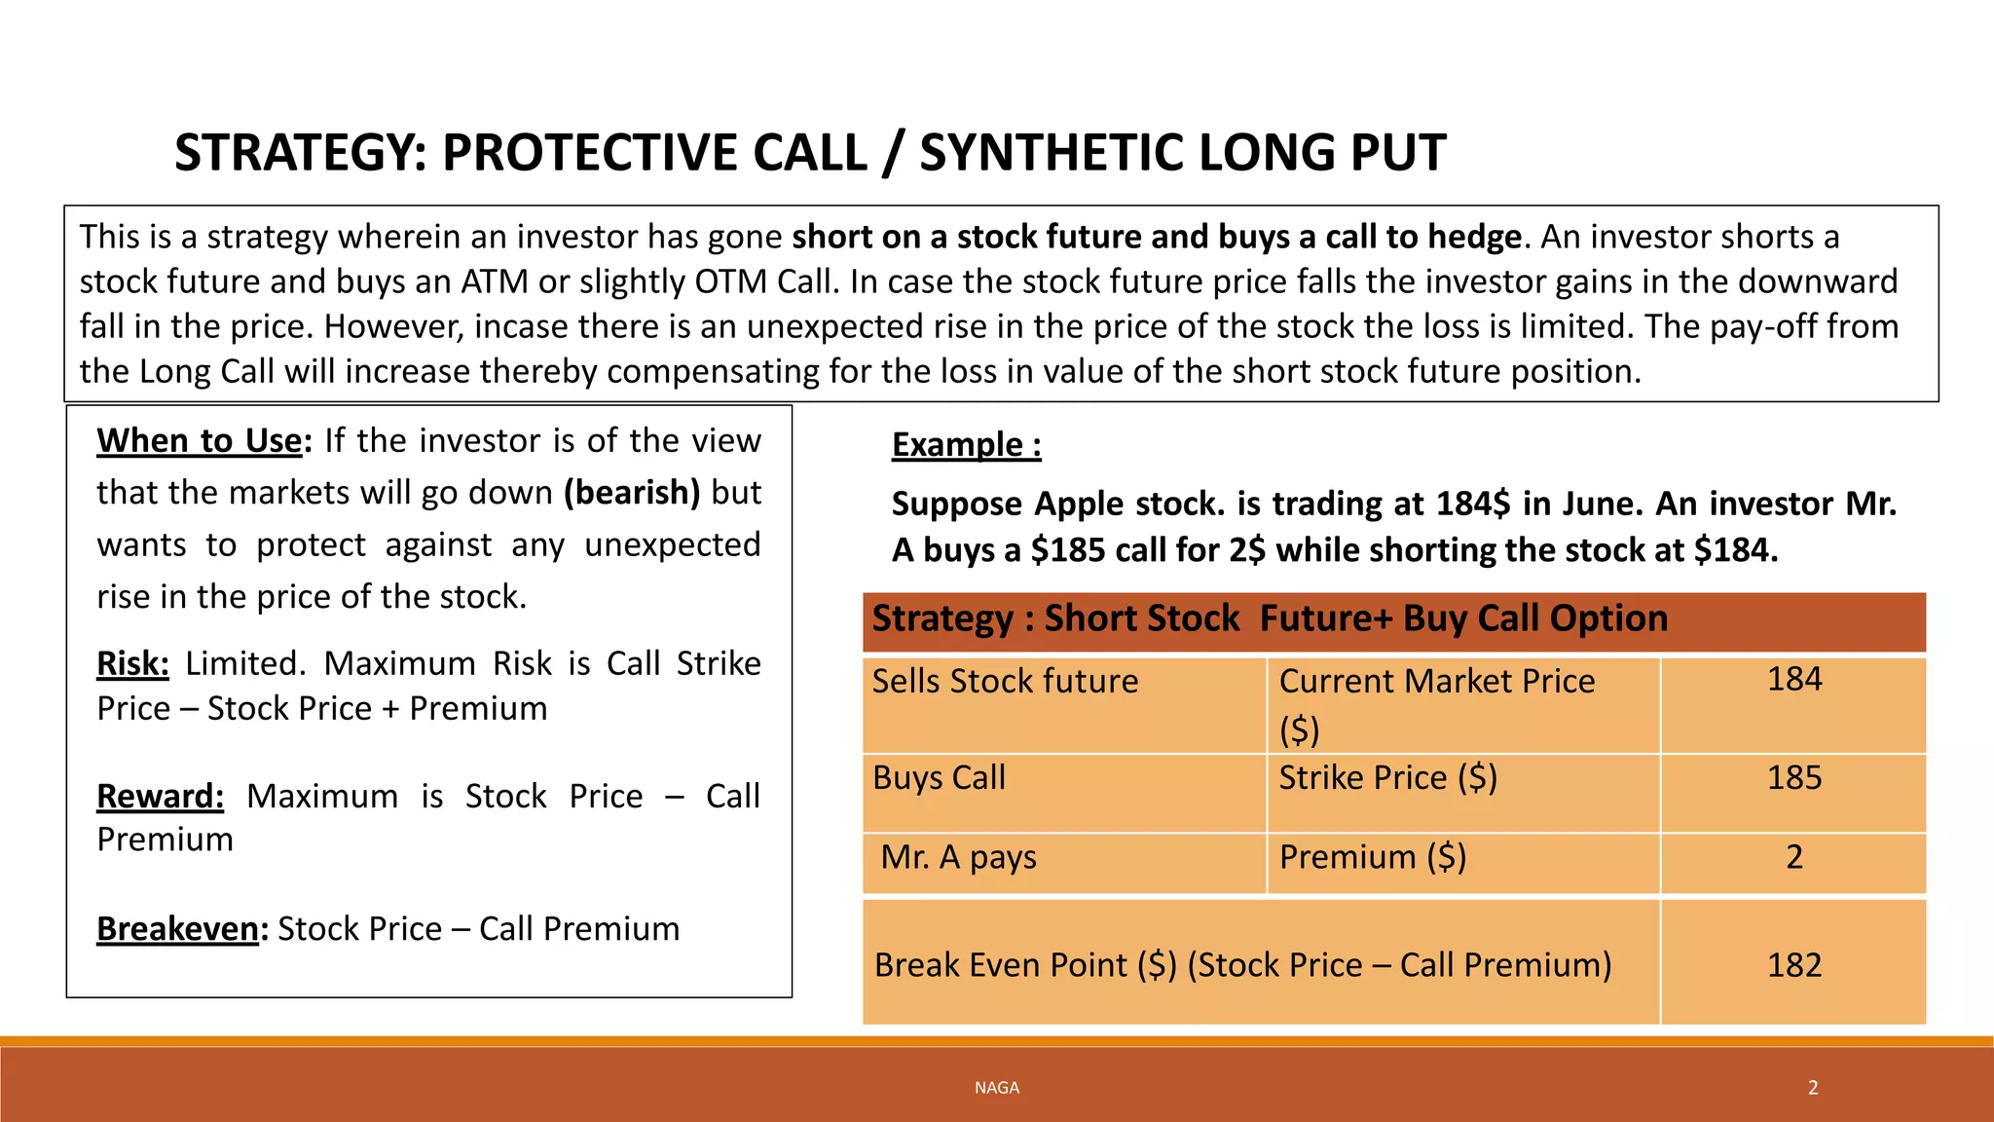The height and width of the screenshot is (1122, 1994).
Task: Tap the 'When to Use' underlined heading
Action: (200, 441)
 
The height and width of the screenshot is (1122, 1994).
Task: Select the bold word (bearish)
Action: (632, 493)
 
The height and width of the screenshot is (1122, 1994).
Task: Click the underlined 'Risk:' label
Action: (132, 663)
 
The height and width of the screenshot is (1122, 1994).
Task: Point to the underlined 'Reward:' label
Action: (160, 796)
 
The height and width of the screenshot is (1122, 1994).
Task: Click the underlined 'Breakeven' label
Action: (177, 929)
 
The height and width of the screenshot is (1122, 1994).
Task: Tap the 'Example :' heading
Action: (966, 444)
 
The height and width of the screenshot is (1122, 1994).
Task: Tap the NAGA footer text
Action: (996, 1088)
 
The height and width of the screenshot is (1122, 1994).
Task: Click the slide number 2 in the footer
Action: (1813, 1088)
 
